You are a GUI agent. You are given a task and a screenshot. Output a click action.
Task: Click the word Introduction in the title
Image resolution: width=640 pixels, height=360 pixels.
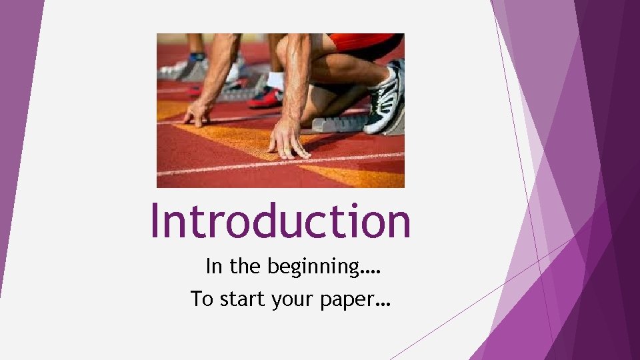click(280, 221)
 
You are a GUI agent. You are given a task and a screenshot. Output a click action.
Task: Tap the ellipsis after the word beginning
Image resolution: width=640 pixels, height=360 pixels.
click(373, 271)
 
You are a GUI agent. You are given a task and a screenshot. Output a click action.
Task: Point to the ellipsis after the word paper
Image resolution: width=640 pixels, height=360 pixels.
click(383, 303)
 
